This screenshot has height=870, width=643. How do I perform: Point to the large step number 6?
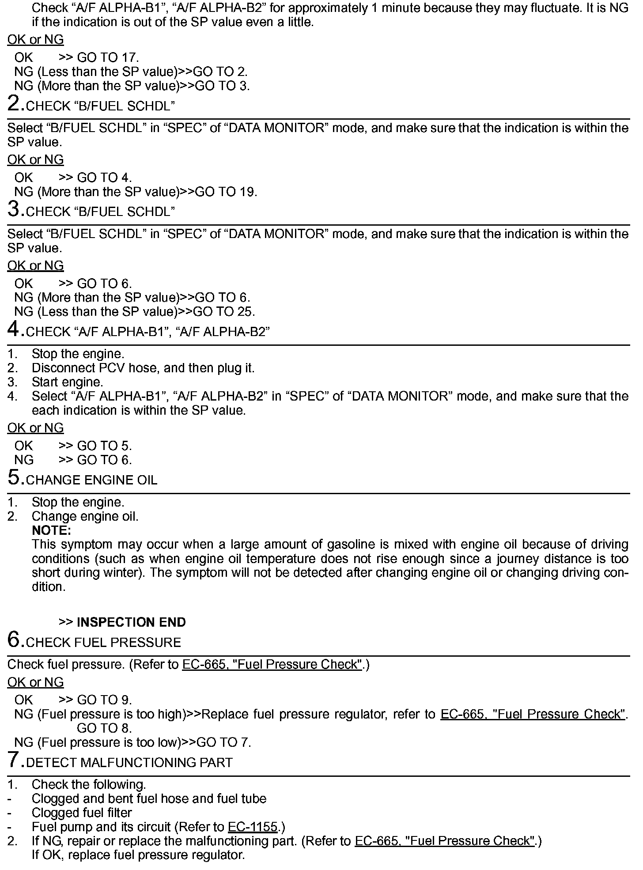15,640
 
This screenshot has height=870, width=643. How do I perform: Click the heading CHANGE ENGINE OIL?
92,480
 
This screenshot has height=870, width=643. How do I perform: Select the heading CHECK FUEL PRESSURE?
104,643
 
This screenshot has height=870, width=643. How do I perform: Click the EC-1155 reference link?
253,827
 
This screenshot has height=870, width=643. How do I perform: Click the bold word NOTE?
52,530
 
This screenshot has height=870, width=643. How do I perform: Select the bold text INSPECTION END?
131,622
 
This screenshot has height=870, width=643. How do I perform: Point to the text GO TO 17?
108,57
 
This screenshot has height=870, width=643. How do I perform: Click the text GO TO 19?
226,192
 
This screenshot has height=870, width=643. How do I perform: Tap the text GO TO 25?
224,312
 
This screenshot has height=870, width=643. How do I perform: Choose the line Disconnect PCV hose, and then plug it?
143,368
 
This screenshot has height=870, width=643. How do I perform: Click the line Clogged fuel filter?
82,813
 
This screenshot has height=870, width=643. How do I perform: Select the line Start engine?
67,382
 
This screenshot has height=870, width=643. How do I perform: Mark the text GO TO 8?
104,728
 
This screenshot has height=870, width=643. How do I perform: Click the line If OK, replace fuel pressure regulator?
138,855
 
